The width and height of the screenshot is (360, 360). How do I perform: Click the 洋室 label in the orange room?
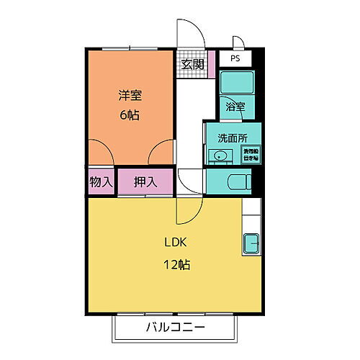coord(130,94)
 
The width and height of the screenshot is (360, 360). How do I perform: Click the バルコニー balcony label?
coord(176,328)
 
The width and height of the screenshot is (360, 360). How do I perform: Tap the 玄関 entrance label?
coord(192,64)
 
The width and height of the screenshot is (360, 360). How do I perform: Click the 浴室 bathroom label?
coord(235,107)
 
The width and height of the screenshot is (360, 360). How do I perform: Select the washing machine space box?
coord(250,153)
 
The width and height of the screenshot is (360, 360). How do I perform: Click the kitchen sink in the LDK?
coord(252,243)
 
